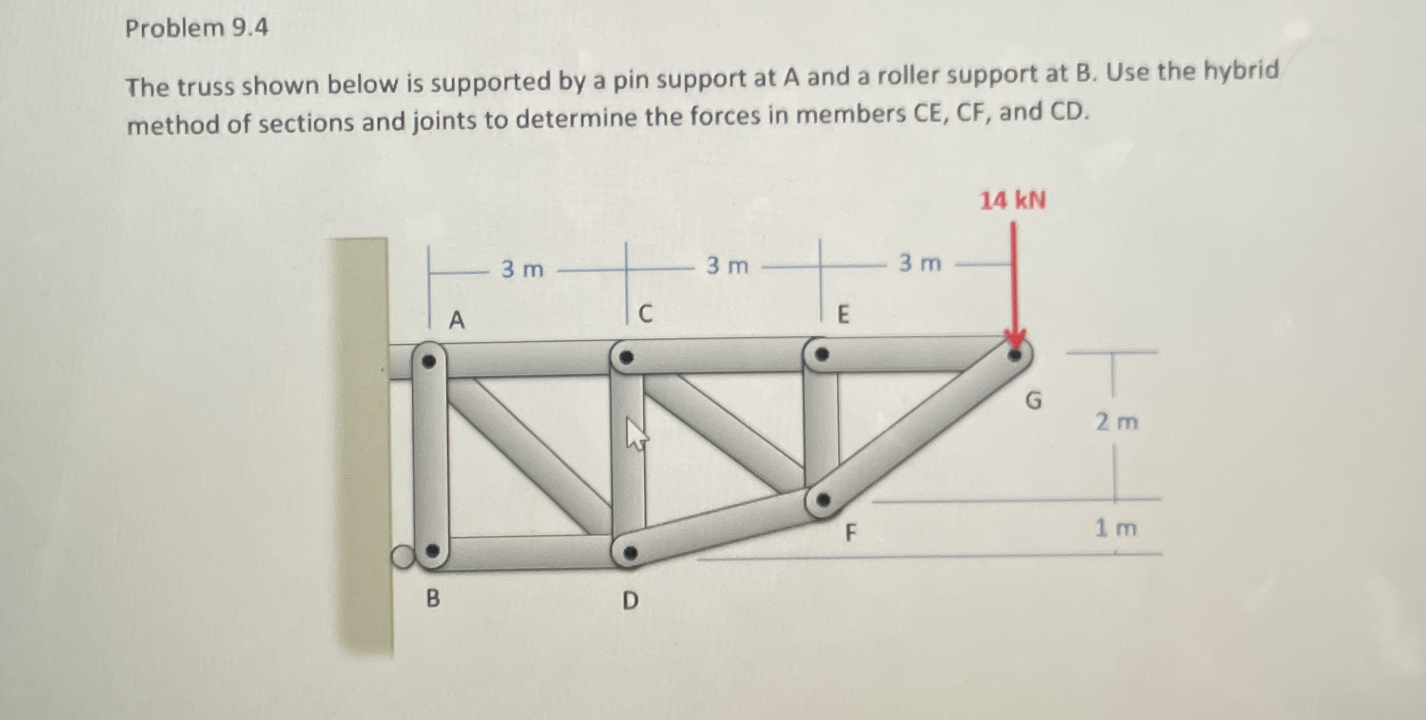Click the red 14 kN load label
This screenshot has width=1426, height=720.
tap(1013, 201)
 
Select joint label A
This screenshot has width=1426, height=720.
tap(457, 320)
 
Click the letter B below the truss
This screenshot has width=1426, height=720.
tap(433, 598)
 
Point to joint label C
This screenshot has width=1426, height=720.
tap(645, 314)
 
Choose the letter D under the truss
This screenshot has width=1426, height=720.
tap(630, 600)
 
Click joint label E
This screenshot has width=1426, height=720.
tap(843, 314)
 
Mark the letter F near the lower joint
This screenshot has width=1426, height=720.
tap(850, 533)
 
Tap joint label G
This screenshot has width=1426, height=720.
tap(1033, 401)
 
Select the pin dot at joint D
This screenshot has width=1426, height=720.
tap(629, 552)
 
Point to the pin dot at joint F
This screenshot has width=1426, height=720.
tap(823, 500)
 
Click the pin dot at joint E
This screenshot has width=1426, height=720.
tap(821, 355)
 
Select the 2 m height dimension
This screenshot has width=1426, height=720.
tap(1117, 422)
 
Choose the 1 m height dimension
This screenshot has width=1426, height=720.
tap(1116, 528)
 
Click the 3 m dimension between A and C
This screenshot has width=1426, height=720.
tap(522, 269)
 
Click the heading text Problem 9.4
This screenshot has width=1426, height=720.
tap(196, 28)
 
